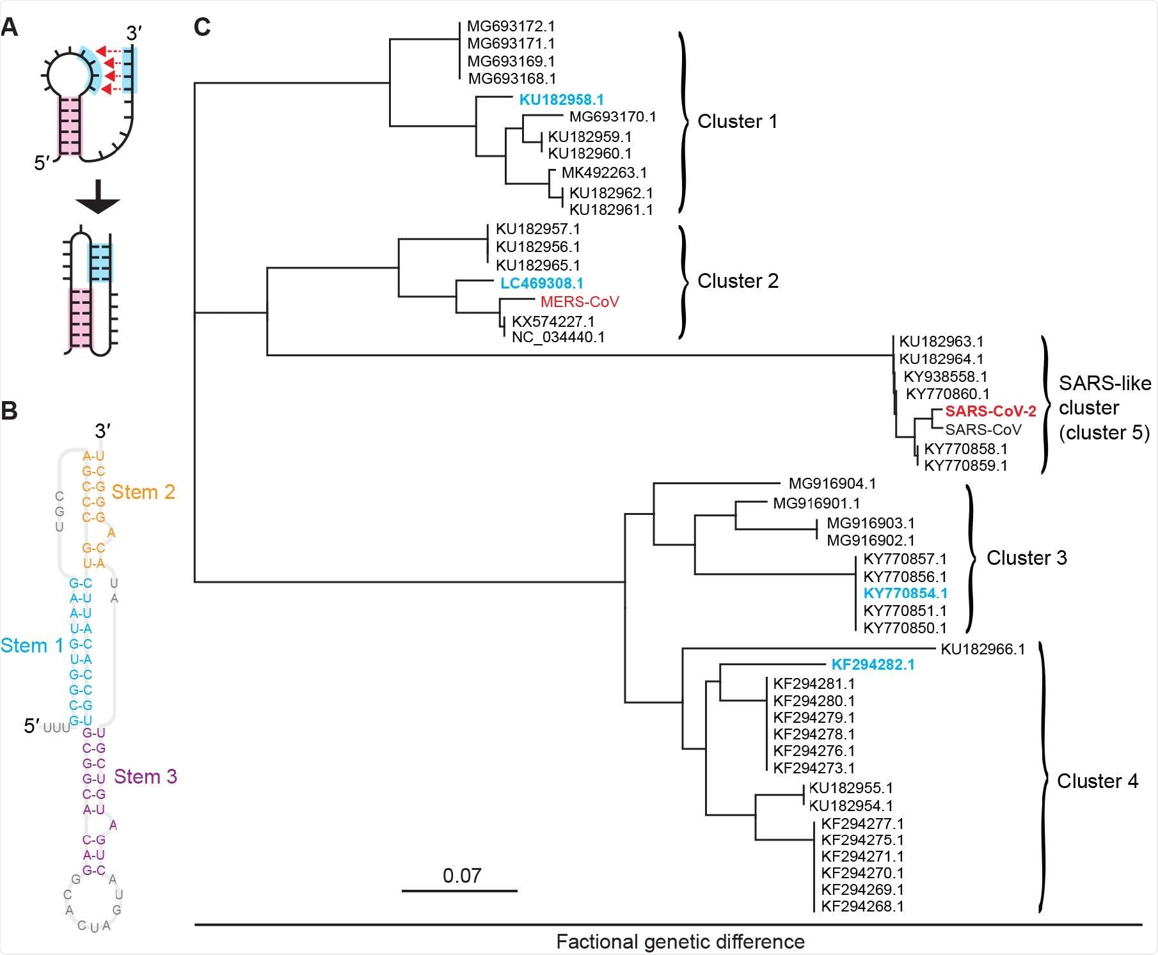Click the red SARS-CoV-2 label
pyautogui.click(x=990, y=411)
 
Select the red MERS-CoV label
pyautogui.click(x=580, y=301)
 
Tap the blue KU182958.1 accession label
pyautogui.click(x=561, y=100)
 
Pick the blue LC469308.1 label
pyautogui.click(x=541, y=283)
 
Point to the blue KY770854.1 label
pyautogui.click(x=905, y=593)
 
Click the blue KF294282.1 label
pyautogui.click(x=873, y=665)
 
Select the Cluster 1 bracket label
pyautogui.click(x=737, y=122)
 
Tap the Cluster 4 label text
pyautogui.click(x=1097, y=781)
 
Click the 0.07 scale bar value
pyautogui.click(x=461, y=875)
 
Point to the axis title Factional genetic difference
pyautogui.click(x=680, y=942)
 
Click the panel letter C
pyautogui.click(x=202, y=27)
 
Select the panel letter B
pyautogui.click(x=10, y=411)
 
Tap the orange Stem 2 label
pyautogui.click(x=143, y=492)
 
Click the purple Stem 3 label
pyautogui.click(x=145, y=777)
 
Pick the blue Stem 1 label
pyautogui.click(x=32, y=645)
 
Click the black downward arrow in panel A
pyautogui.click(x=97, y=198)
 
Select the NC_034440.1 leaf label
pyautogui.click(x=558, y=337)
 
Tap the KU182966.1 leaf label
pyautogui.click(x=983, y=649)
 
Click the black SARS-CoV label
pyautogui.click(x=983, y=430)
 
